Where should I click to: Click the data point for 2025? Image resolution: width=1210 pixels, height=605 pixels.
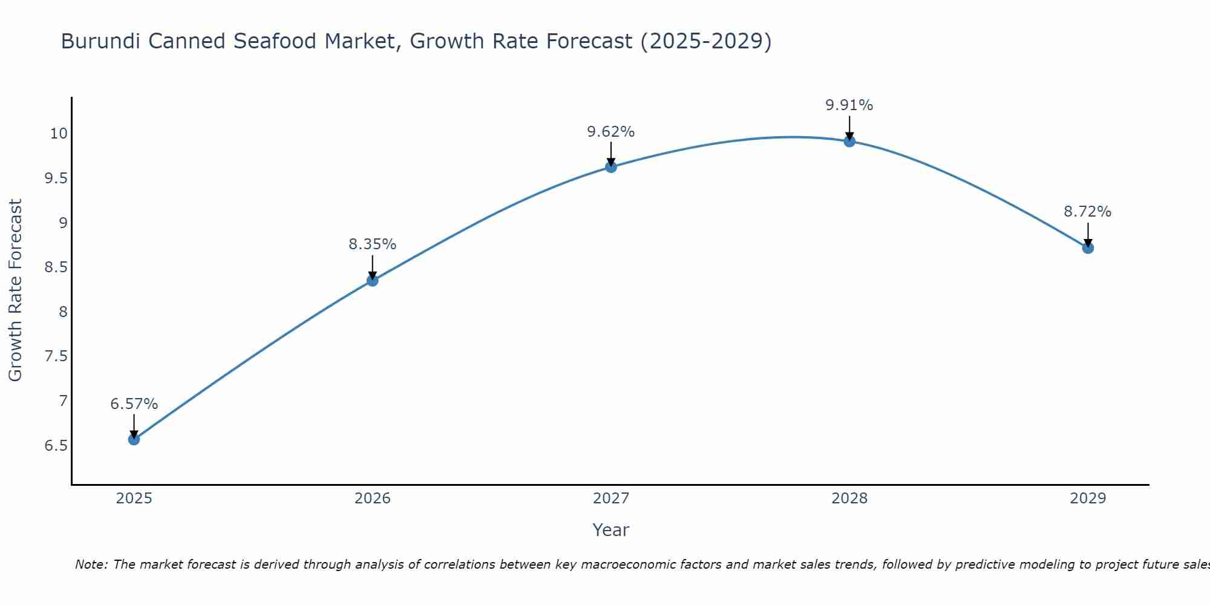(x=134, y=439)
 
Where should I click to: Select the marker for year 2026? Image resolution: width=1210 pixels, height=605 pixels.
(x=372, y=280)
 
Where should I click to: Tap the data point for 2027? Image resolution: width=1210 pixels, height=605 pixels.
(x=610, y=167)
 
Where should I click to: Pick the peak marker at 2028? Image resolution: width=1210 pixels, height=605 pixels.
(x=849, y=141)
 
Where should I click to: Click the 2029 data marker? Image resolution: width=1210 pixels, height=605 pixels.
(x=1088, y=247)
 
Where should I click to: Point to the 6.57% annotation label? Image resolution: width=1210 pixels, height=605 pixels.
(x=134, y=404)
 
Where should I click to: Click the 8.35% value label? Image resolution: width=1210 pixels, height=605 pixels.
(x=372, y=244)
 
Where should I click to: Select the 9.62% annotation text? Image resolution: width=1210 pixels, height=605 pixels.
(x=610, y=131)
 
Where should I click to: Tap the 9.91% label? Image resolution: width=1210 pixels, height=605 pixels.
(x=849, y=105)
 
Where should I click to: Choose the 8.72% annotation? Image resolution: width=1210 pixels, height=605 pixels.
(x=1088, y=212)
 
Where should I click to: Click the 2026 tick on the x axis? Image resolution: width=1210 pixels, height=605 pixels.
(x=372, y=499)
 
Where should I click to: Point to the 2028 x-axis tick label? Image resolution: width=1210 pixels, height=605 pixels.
(x=849, y=499)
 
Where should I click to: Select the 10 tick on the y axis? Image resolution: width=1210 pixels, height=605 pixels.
(x=59, y=134)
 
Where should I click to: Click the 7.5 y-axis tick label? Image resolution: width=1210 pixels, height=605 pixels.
(x=56, y=356)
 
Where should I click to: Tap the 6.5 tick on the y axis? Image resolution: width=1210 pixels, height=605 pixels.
(x=56, y=446)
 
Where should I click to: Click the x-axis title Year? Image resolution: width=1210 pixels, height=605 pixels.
(x=610, y=530)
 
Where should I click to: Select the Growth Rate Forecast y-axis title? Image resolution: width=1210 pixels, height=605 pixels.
(x=16, y=290)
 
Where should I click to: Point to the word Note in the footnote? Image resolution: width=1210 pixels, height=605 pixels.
(x=91, y=564)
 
